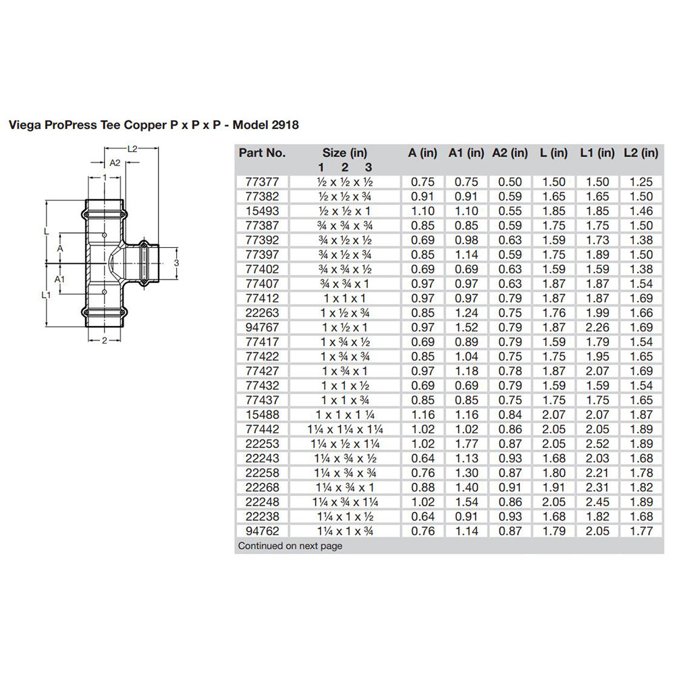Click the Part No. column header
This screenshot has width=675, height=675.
click(x=263, y=153)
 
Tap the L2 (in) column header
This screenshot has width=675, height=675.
click(x=640, y=153)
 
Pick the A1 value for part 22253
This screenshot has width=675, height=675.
click(x=466, y=444)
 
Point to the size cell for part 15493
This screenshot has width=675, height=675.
click(x=345, y=211)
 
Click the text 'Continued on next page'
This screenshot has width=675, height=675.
click(x=290, y=545)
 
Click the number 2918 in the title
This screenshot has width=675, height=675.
click(x=284, y=125)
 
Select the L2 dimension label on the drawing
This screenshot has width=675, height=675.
click(x=133, y=148)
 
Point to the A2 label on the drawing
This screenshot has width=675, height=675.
click(x=114, y=163)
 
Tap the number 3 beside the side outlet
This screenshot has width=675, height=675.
click(x=175, y=262)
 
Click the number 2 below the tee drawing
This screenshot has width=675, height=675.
click(x=105, y=341)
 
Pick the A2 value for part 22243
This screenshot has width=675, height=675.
click(x=510, y=458)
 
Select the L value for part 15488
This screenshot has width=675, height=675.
click(x=553, y=415)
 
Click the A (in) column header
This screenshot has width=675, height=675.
click(x=422, y=153)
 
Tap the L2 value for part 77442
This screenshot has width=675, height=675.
click(x=640, y=429)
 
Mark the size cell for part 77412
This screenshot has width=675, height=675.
click(x=345, y=298)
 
